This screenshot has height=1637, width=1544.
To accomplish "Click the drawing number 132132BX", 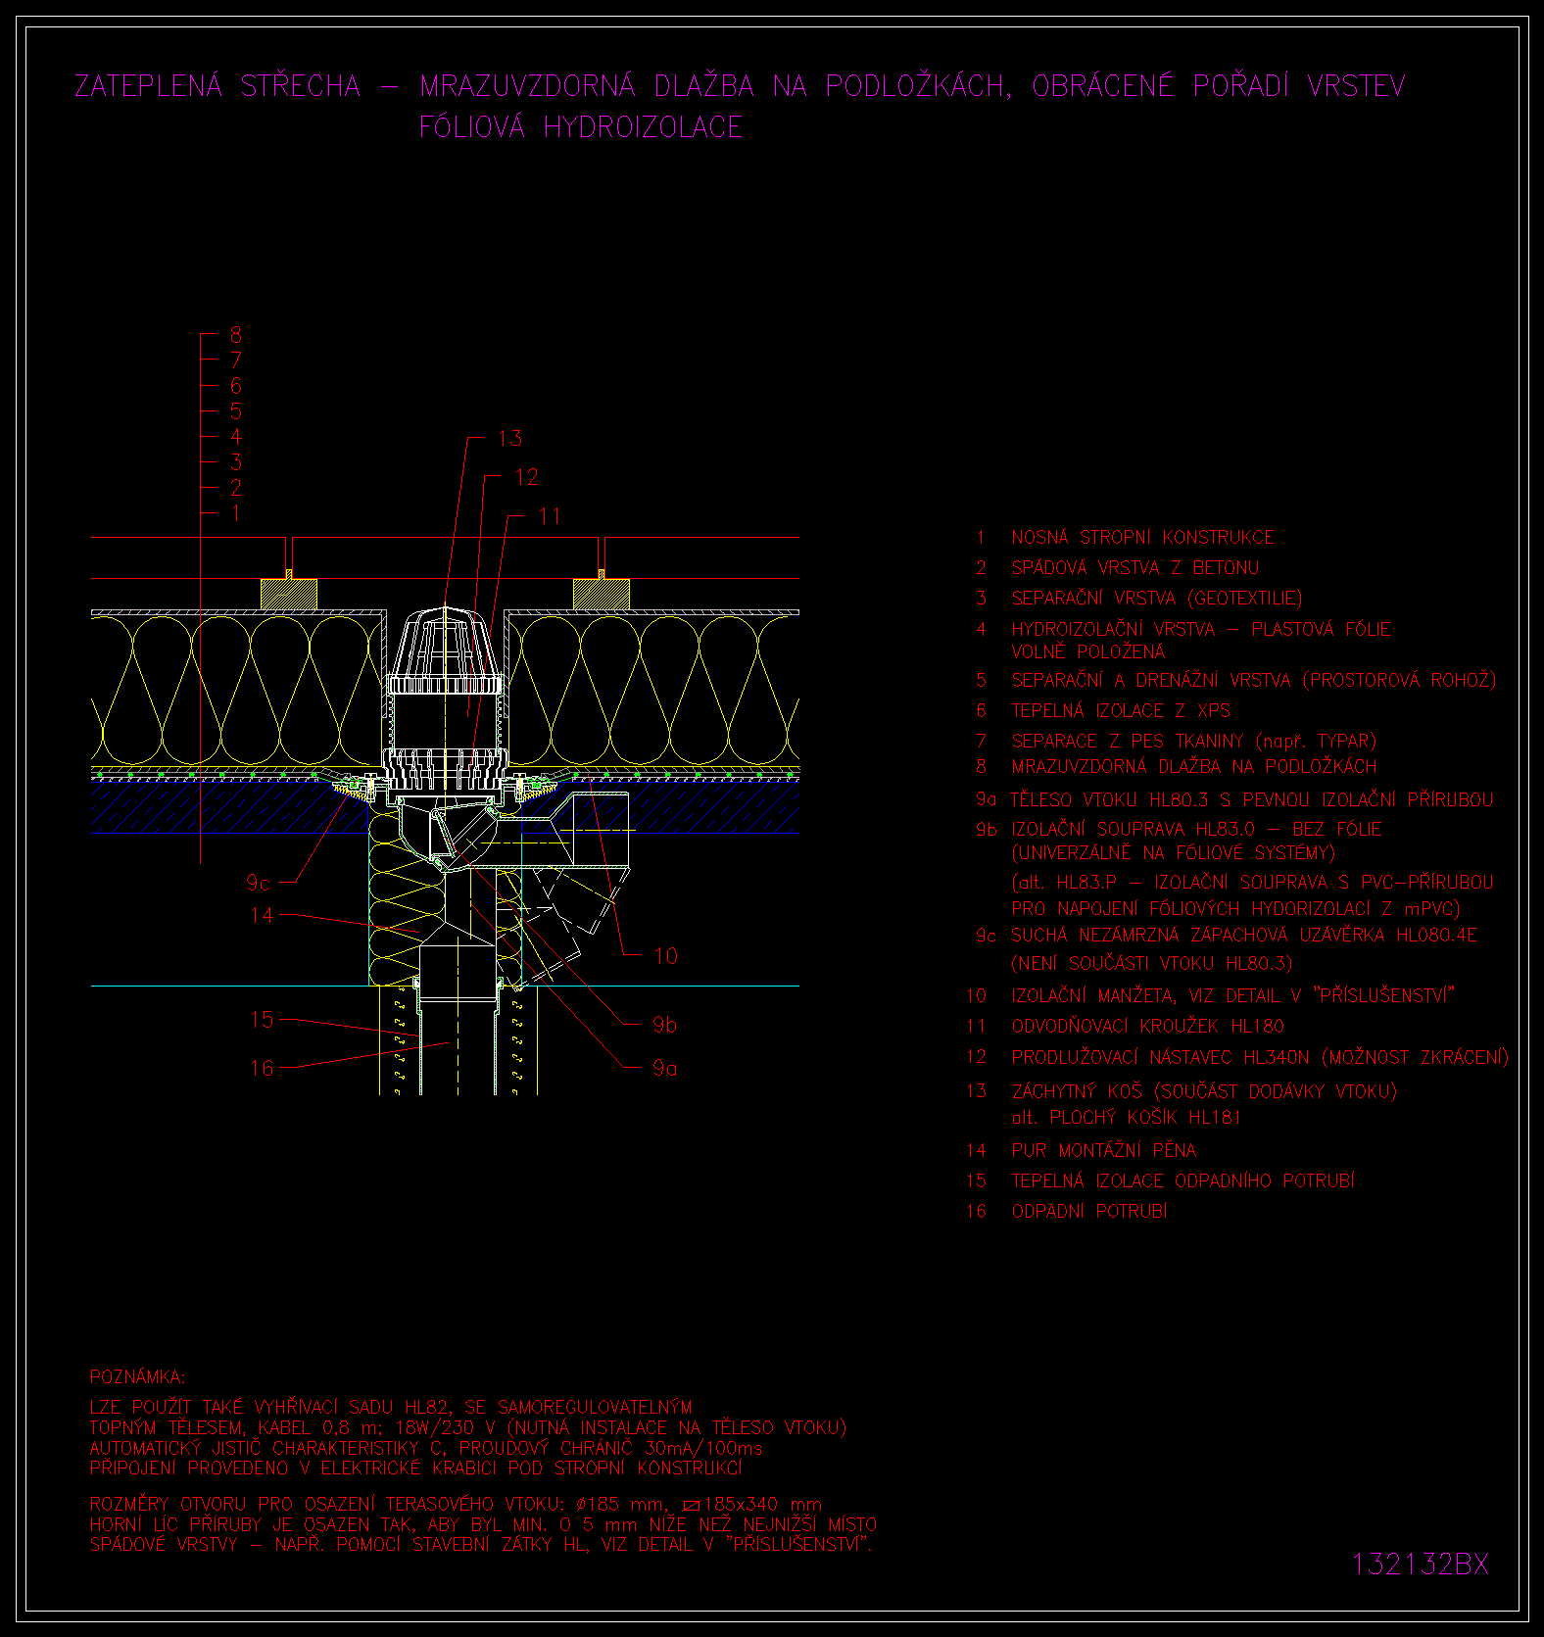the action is click(x=1421, y=1564).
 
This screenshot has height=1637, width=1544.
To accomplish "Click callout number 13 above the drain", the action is click(x=509, y=438).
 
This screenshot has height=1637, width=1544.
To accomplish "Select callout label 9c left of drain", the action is click(x=259, y=883).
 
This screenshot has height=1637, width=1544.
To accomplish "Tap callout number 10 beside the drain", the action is click(x=665, y=955).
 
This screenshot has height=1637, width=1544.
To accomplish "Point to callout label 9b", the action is click(x=664, y=1024).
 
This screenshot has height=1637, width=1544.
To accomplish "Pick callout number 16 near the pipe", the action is click(x=262, y=1067).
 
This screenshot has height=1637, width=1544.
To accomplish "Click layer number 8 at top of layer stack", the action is click(x=235, y=335).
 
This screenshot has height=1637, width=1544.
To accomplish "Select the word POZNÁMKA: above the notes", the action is click(x=137, y=1376).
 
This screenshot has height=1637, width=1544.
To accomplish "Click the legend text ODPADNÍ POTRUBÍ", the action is click(x=1089, y=1211).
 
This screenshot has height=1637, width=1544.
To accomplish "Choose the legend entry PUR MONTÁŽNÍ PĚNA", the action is click(x=1104, y=1150).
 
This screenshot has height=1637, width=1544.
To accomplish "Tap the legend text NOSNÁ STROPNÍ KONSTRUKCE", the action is click(x=1142, y=537).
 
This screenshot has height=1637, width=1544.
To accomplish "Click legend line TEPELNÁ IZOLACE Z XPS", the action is click(x=1121, y=710).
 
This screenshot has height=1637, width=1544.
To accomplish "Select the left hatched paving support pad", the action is click(x=289, y=594).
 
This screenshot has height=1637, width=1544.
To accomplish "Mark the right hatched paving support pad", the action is click(x=602, y=594).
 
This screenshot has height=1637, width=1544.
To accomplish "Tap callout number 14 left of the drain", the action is click(x=262, y=915).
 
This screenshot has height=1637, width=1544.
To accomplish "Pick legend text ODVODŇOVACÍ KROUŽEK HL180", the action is click(x=1147, y=1026).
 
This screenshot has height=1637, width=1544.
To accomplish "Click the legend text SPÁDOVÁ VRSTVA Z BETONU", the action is click(x=1134, y=567).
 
